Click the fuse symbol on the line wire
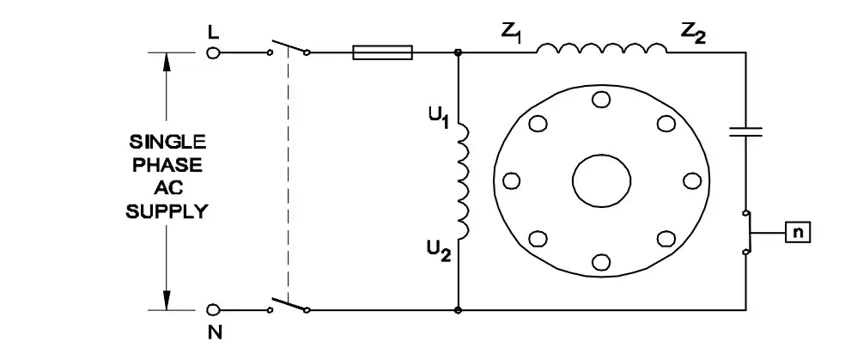coord(383,52)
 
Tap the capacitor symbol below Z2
coord(745,131)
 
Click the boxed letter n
coord(798,232)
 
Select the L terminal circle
coord(214,52)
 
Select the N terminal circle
coord(214,310)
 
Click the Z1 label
coord(511,33)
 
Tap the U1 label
coord(439,119)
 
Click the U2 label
coord(439,252)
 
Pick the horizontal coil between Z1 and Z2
coord(602,48)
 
